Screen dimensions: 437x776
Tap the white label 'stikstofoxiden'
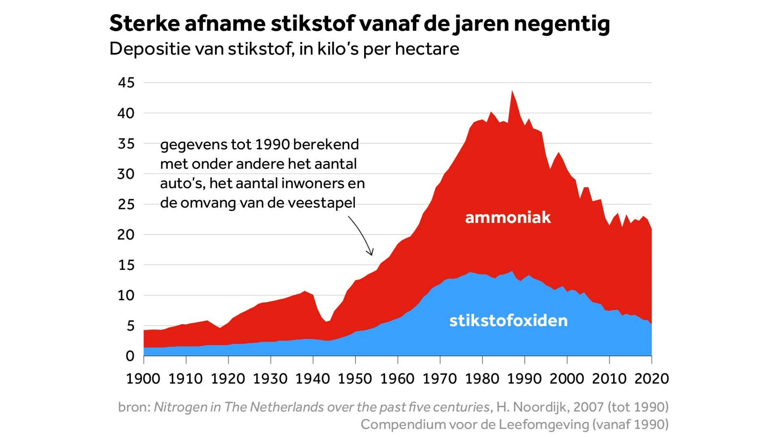click(508, 320)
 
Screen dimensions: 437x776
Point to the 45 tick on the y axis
click(126, 83)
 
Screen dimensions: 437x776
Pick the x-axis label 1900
click(143, 379)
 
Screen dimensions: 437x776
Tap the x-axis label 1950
click(356, 379)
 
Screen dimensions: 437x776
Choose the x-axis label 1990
click(525, 379)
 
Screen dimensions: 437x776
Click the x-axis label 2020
click(652, 379)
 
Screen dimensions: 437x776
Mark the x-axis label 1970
click(440, 379)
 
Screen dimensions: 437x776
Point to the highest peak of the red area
click(512, 91)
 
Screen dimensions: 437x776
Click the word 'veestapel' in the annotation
click(322, 203)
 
